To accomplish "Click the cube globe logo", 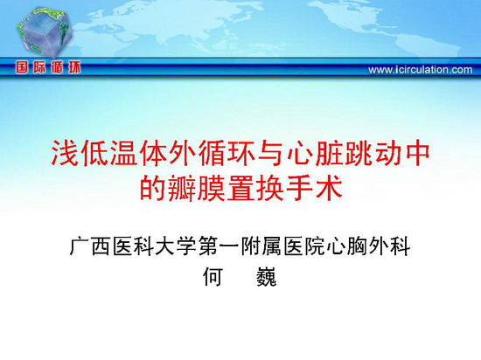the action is click(x=45, y=32).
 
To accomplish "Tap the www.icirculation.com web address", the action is click(x=421, y=70).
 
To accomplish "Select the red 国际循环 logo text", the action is click(x=48, y=67).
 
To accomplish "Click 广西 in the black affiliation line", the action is click(x=90, y=246).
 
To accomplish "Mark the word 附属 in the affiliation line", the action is click(x=261, y=246).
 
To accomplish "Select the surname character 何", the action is click(x=213, y=276).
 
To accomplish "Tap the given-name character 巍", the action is click(x=266, y=276).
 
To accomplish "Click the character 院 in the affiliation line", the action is click(x=315, y=246).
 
